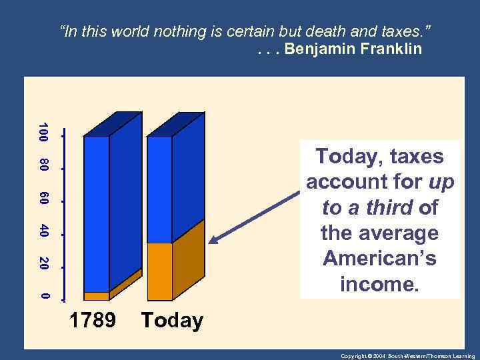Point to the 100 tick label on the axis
point(43,132)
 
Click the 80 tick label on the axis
point(43,165)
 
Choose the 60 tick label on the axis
point(43,198)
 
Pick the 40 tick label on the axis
point(43,231)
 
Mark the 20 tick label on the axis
point(43,264)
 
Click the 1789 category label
point(93,321)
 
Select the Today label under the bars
point(172,321)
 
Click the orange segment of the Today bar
point(160,271)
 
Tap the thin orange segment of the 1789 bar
point(97,296)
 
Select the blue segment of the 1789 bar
point(97,213)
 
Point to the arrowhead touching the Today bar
point(213,241)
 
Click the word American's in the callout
point(379,259)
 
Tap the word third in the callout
point(387,208)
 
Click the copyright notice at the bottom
point(407,356)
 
